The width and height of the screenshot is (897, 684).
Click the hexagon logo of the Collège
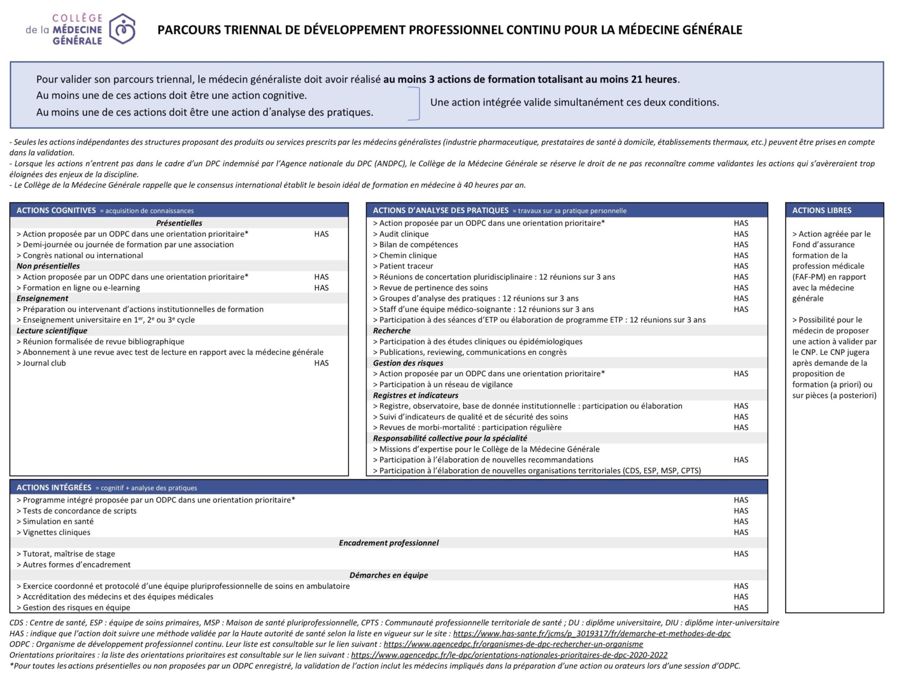click(x=122, y=29)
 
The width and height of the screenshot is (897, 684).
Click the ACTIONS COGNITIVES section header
click(x=56, y=210)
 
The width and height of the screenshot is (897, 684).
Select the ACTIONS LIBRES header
click(x=822, y=210)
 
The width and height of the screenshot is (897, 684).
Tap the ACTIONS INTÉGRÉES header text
click(x=54, y=487)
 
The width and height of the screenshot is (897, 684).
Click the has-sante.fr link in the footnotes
click(x=592, y=633)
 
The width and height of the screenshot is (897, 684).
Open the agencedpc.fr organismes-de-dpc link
click(x=513, y=644)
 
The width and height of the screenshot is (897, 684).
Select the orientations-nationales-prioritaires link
click(x=509, y=655)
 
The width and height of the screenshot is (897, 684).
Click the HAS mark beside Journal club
click(x=321, y=363)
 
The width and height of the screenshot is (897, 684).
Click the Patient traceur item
click(x=406, y=266)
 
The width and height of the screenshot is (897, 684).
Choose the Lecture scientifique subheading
click(x=52, y=331)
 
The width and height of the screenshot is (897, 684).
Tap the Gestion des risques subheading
click(x=408, y=363)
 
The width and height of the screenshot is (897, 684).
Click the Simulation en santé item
click(x=58, y=521)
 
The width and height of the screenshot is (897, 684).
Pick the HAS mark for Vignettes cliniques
click(x=741, y=532)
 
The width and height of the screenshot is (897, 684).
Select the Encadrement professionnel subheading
click(x=388, y=543)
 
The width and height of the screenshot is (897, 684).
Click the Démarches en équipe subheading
click(x=388, y=575)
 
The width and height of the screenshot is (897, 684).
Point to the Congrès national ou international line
click(x=83, y=255)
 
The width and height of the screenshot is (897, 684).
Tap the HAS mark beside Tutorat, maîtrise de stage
click(x=741, y=554)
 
